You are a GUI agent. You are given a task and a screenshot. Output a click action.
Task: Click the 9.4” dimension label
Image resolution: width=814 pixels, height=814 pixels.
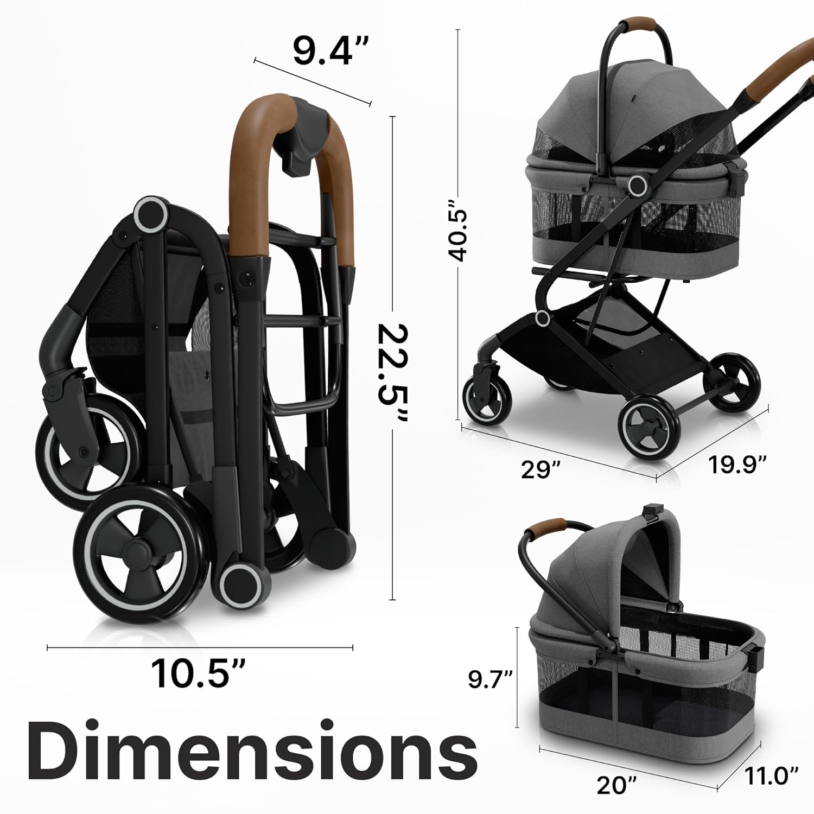coord(331,50)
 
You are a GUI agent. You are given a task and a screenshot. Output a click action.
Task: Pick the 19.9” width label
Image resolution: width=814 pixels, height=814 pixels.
coord(737,465)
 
